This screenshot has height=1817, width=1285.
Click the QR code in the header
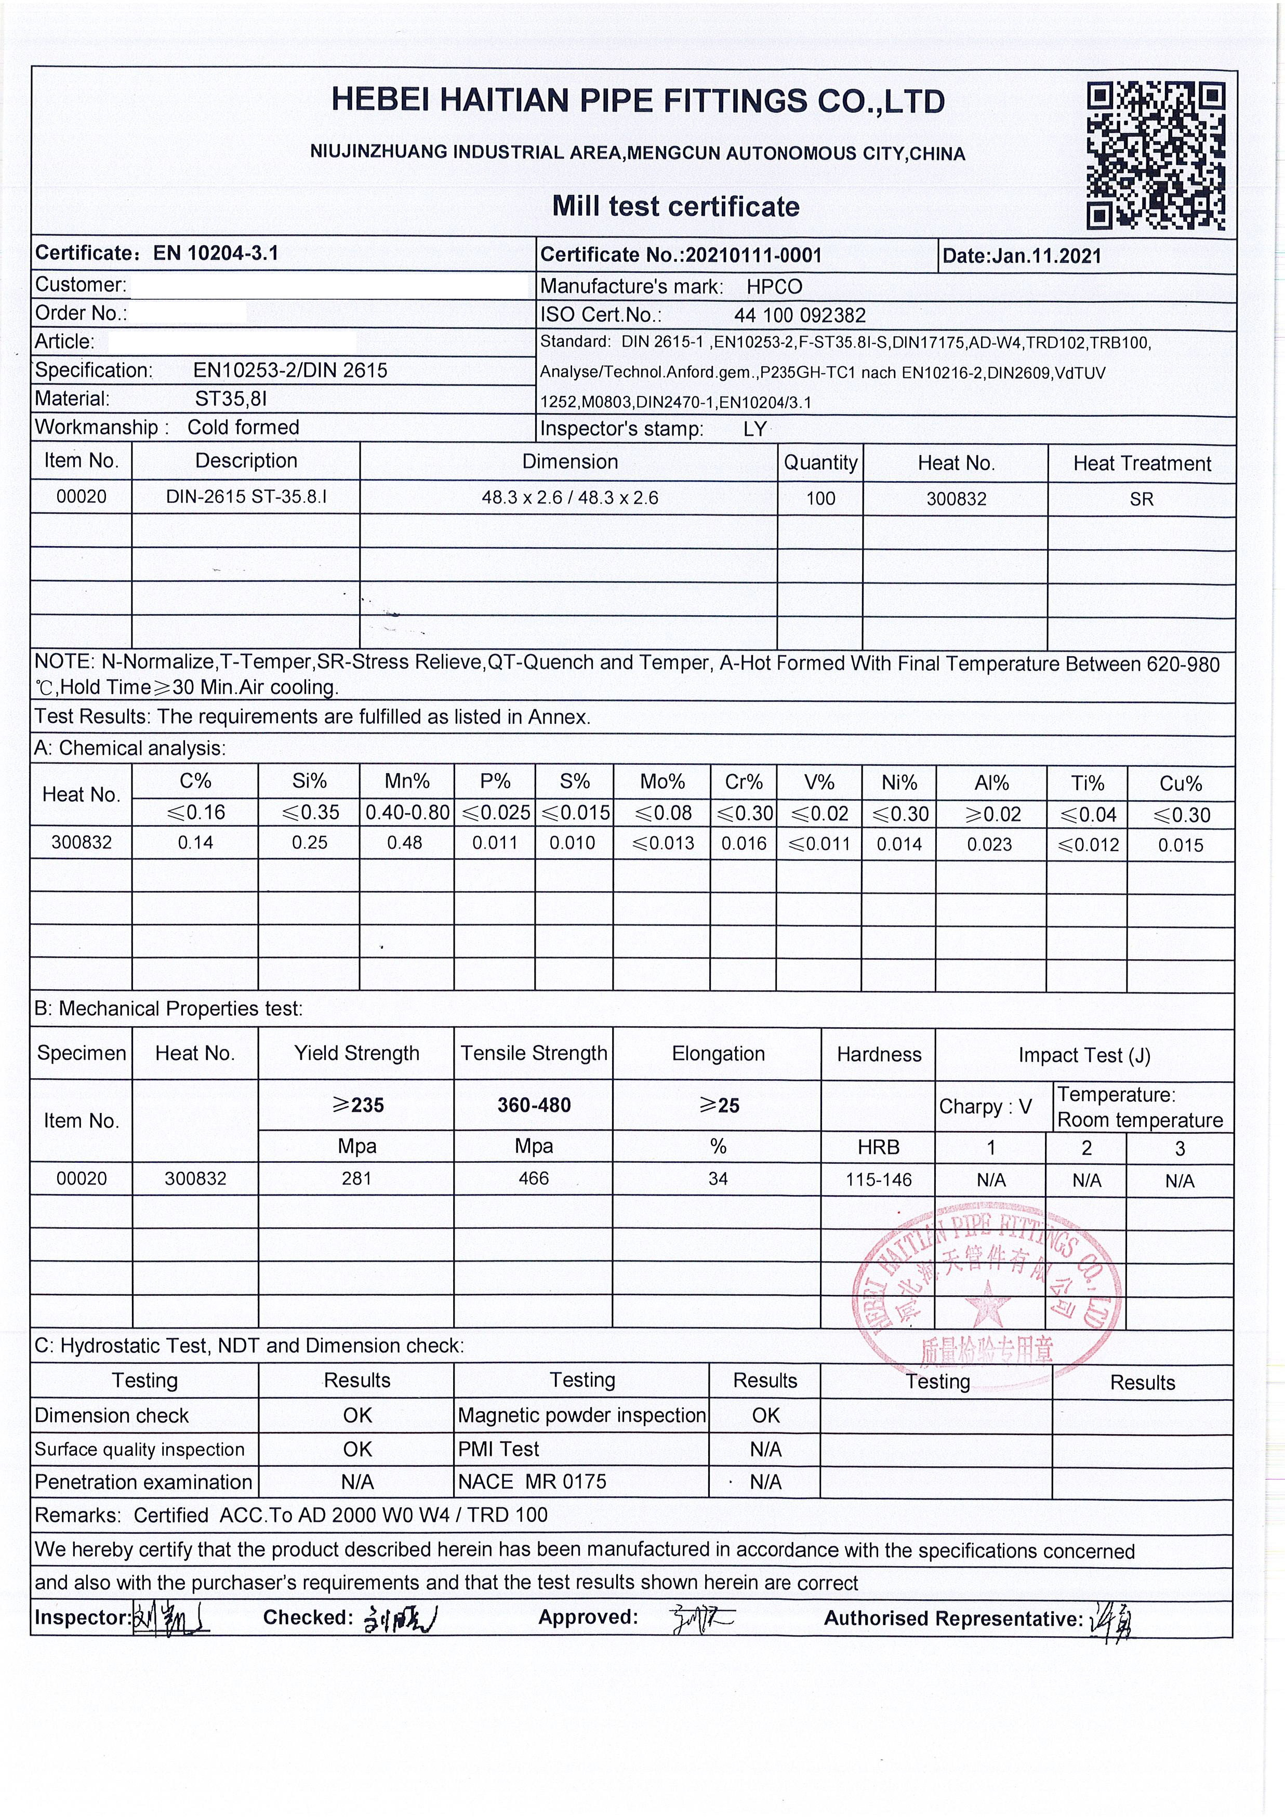[x=1156, y=156]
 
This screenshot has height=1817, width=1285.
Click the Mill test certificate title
[x=675, y=207]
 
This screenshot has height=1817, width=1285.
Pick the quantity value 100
[x=820, y=499]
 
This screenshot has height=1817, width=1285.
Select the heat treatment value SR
[x=1141, y=499]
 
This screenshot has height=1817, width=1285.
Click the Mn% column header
[x=407, y=782]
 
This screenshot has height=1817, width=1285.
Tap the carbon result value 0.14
[x=195, y=843]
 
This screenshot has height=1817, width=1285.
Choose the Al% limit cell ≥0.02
[x=991, y=814]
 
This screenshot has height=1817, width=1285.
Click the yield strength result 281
[x=357, y=1178]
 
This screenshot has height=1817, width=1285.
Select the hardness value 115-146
[x=878, y=1180]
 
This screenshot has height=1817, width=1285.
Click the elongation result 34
[x=718, y=1179]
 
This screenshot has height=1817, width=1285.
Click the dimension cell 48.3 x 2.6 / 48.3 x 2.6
[x=569, y=498]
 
